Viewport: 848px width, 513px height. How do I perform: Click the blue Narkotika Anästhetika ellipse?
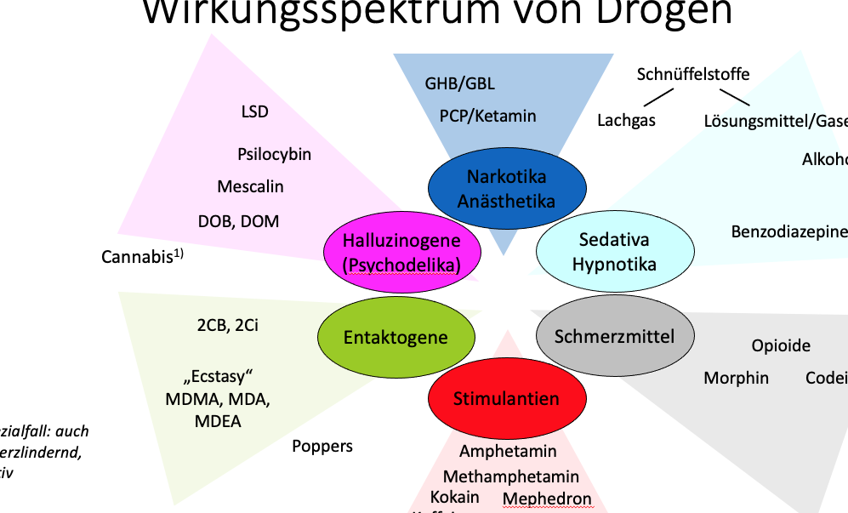506,189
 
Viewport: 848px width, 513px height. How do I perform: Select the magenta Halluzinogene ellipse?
401,253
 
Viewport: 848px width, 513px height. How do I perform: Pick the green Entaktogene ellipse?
396,338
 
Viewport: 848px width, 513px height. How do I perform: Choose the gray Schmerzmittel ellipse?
614,336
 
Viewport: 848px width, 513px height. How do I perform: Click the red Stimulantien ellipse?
506,399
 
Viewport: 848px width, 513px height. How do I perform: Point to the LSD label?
255,111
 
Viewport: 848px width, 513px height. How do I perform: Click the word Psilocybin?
274,154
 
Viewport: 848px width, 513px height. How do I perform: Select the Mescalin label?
250,186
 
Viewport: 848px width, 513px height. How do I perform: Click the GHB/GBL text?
459,83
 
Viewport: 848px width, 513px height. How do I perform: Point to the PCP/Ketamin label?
487,116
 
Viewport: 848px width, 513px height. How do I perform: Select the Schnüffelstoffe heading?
693,74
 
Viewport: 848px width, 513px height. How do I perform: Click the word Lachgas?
626,120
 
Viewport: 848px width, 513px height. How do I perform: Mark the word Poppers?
322,446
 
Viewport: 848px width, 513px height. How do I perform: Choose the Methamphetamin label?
510,476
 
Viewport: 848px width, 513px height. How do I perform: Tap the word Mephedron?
547,498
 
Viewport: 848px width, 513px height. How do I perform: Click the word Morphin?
736,378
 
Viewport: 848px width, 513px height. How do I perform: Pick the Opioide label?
781,345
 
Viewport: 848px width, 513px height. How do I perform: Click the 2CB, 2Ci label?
227,325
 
